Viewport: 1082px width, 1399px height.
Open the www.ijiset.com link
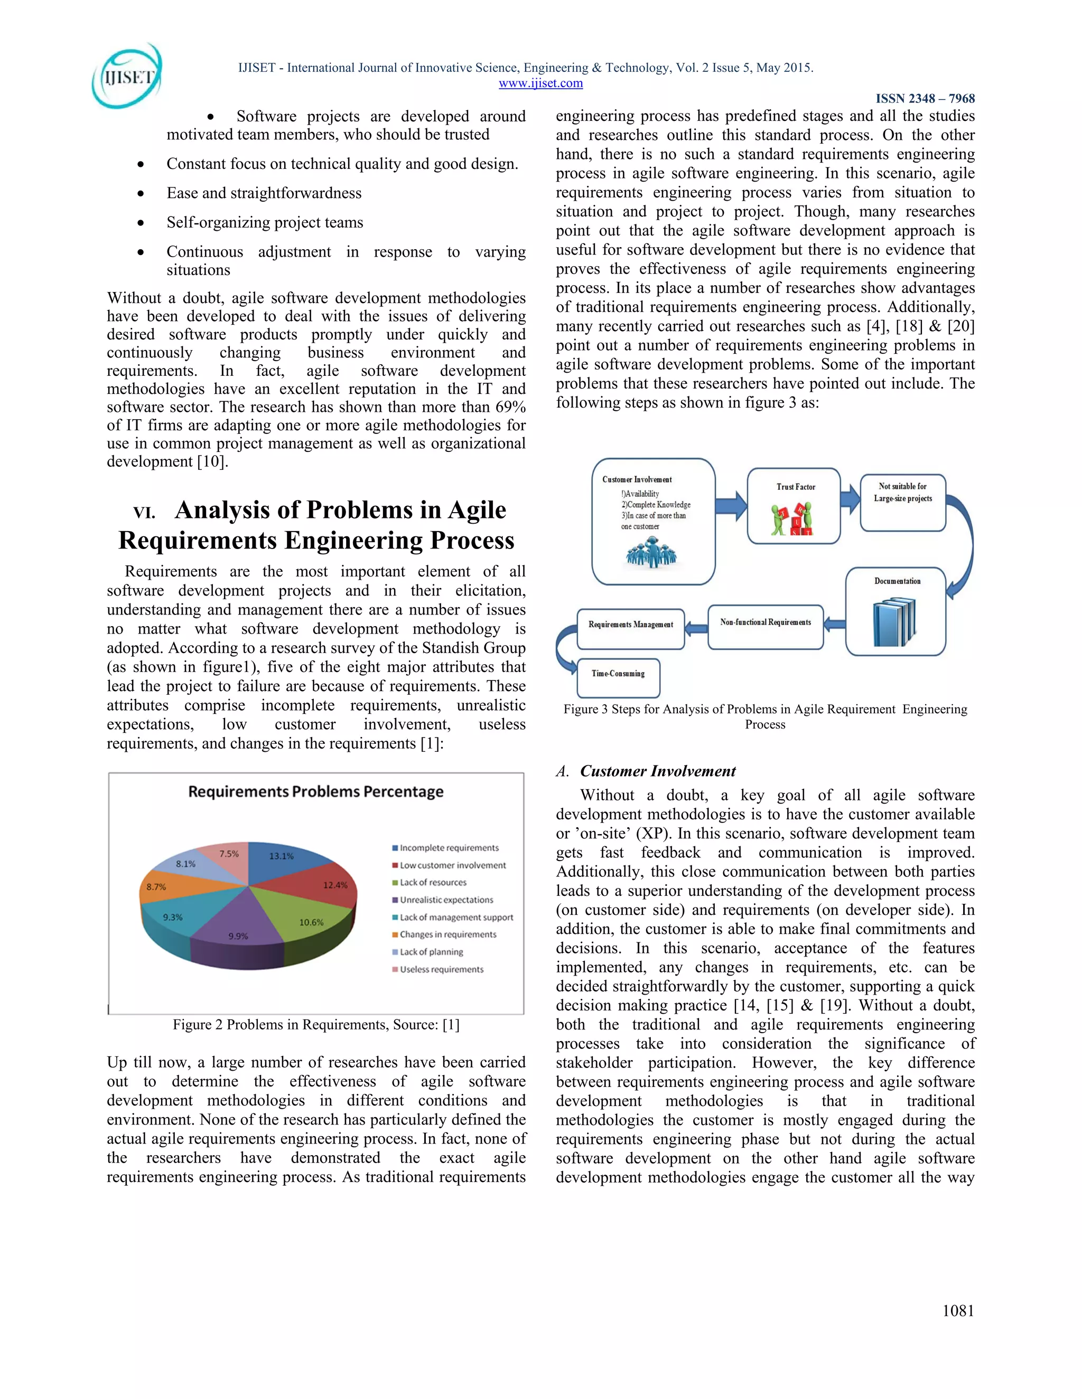(x=540, y=83)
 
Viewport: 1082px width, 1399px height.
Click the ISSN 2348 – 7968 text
(x=925, y=99)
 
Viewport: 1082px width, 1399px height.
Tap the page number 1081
(x=958, y=1311)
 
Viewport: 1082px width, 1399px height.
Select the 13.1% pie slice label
(x=282, y=856)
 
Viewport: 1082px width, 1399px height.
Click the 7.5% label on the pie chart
(x=229, y=853)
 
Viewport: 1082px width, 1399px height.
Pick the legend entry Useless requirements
(x=441, y=969)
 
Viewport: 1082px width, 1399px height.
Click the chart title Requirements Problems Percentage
(x=315, y=792)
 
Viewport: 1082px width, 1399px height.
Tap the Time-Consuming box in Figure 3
(x=618, y=678)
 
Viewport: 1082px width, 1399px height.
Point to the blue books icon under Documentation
(x=894, y=622)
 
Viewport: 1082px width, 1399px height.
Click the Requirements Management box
(x=631, y=628)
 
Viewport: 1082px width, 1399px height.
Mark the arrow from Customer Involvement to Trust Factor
(x=731, y=506)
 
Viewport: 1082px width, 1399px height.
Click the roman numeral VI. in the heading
(x=144, y=513)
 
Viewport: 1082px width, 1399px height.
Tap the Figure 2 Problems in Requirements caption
(x=316, y=1024)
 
